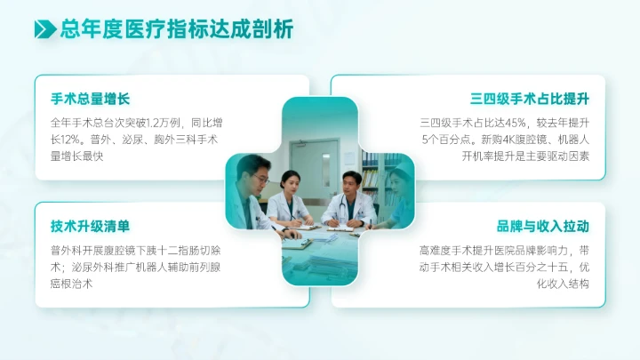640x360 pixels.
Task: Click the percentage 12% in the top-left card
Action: pos(69,140)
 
